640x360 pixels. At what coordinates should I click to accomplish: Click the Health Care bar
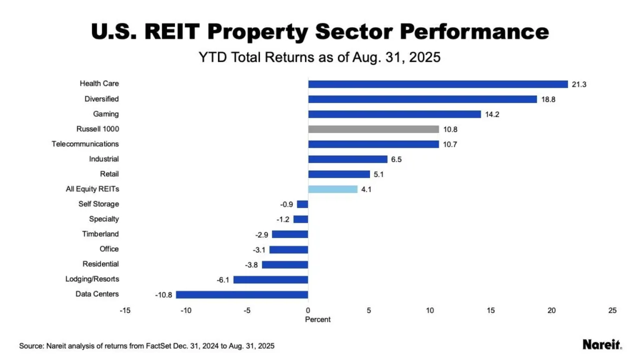point(437,84)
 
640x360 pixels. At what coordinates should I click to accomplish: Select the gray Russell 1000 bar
point(373,129)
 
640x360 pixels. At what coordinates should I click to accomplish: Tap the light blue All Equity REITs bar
point(332,189)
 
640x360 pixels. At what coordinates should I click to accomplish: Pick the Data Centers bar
point(242,294)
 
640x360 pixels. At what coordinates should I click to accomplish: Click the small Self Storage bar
point(302,204)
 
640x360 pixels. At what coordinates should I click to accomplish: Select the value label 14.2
point(492,114)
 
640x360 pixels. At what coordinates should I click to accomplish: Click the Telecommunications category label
point(85,144)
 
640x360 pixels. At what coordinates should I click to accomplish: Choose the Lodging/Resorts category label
point(92,279)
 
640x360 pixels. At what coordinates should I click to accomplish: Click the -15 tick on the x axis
point(125,311)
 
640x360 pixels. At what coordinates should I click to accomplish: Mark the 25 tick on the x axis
point(612,311)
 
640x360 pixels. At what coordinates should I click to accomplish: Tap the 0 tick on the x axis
point(308,311)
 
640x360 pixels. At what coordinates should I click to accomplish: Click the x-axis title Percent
point(317,319)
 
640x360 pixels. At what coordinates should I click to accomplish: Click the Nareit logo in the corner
point(602,344)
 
